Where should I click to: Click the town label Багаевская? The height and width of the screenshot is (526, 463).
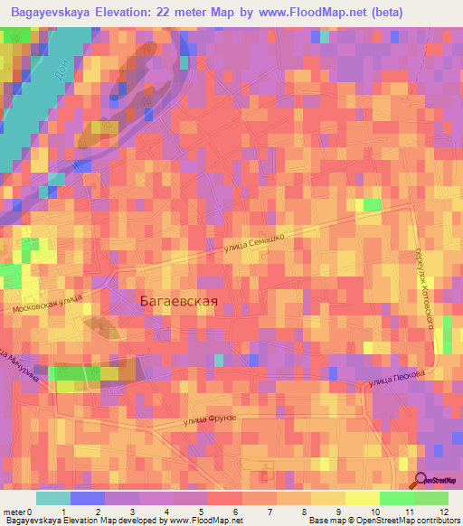[x=179, y=302]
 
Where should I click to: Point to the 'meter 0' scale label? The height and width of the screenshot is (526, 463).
[x=16, y=512]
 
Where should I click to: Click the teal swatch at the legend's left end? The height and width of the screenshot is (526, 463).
[x=53, y=498]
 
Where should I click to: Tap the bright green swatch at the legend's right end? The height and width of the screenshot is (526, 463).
[x=430, y=498]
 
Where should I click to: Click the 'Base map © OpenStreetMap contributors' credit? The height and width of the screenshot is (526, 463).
[x=383, y=521]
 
